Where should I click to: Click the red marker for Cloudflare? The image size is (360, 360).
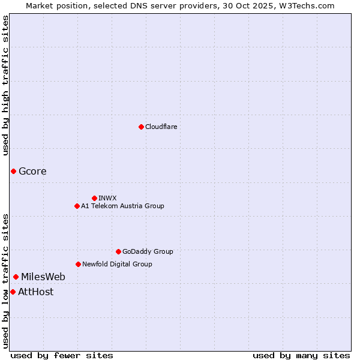coord(141,127)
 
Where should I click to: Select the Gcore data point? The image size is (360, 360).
coord(13,172)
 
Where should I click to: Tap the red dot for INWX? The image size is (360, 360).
coord(94,198)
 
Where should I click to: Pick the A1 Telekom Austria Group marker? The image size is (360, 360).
coord(77,206)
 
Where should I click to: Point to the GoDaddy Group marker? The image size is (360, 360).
coord(118,251)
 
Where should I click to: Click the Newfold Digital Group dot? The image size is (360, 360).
coord(78,264)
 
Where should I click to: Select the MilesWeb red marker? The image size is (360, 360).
coord(16,277)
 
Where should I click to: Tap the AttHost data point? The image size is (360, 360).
coord(13,292)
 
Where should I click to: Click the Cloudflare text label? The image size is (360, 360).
coord(161,127)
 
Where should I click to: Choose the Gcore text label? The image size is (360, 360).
coord(32,172)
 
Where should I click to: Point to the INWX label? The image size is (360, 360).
coord(107,198)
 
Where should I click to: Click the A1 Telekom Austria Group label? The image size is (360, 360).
coord(122,206)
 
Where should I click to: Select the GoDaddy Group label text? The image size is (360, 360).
coord(147,251)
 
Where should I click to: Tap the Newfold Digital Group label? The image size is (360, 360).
coord(117,264)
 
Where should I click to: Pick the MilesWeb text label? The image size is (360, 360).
coord(43,277)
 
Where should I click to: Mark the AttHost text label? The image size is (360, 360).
coord(35,292)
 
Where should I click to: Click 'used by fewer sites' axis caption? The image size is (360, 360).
coord(62,355)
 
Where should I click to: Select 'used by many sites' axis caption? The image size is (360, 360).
coord(301,355)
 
